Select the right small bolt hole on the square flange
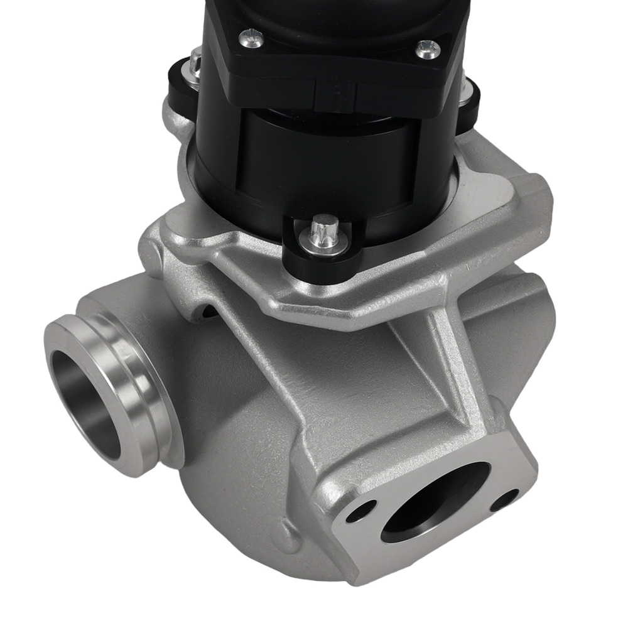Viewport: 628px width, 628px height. tap(504, 501)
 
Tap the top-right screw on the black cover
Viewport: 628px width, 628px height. tap(428, 49)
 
